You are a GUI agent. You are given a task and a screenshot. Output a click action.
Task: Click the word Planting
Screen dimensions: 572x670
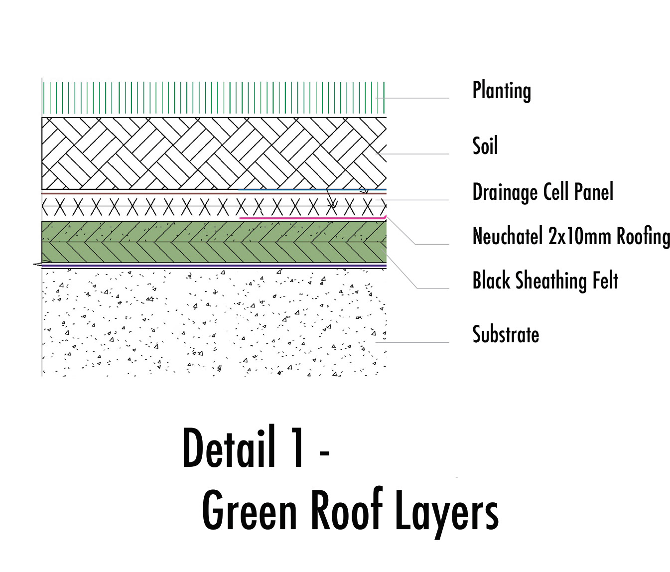[501, 91]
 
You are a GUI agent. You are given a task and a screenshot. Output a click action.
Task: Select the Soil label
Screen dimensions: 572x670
[485, 146]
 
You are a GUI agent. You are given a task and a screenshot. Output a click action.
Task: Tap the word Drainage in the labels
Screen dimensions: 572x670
[505, 192]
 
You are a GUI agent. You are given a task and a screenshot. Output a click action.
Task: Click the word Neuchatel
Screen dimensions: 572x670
[507, 236]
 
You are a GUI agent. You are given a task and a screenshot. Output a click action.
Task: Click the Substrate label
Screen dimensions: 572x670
[505, 334]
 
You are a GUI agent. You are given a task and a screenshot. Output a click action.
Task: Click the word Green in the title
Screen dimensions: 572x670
[250, 511]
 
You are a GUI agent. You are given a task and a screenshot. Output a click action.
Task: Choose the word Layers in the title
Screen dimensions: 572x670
[446, 511]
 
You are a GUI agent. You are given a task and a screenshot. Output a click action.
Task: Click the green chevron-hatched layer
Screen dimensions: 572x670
[214, 242]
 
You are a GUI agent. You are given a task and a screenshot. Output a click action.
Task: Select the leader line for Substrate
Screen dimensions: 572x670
[413, 342]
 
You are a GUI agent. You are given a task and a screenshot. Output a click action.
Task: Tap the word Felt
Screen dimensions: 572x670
[605, 281]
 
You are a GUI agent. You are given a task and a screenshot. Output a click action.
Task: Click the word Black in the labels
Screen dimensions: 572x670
[491, 281]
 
